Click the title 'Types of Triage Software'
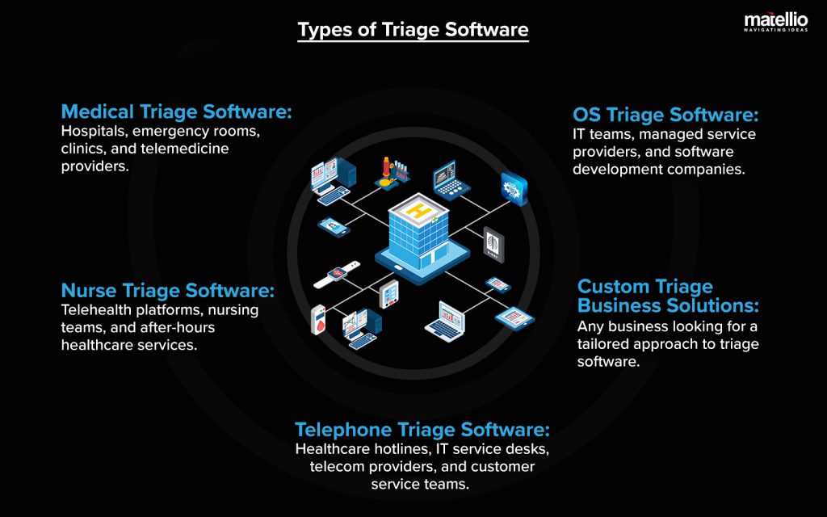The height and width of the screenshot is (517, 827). click(x=413, y=31)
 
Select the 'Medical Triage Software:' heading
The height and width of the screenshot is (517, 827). click(x=176, y=111)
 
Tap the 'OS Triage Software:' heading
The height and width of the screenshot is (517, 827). click(x=665, y=115)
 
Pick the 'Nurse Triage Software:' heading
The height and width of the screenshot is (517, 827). click(x=168, y=290)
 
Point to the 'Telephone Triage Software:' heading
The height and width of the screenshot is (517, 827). click(x=422, y=429)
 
